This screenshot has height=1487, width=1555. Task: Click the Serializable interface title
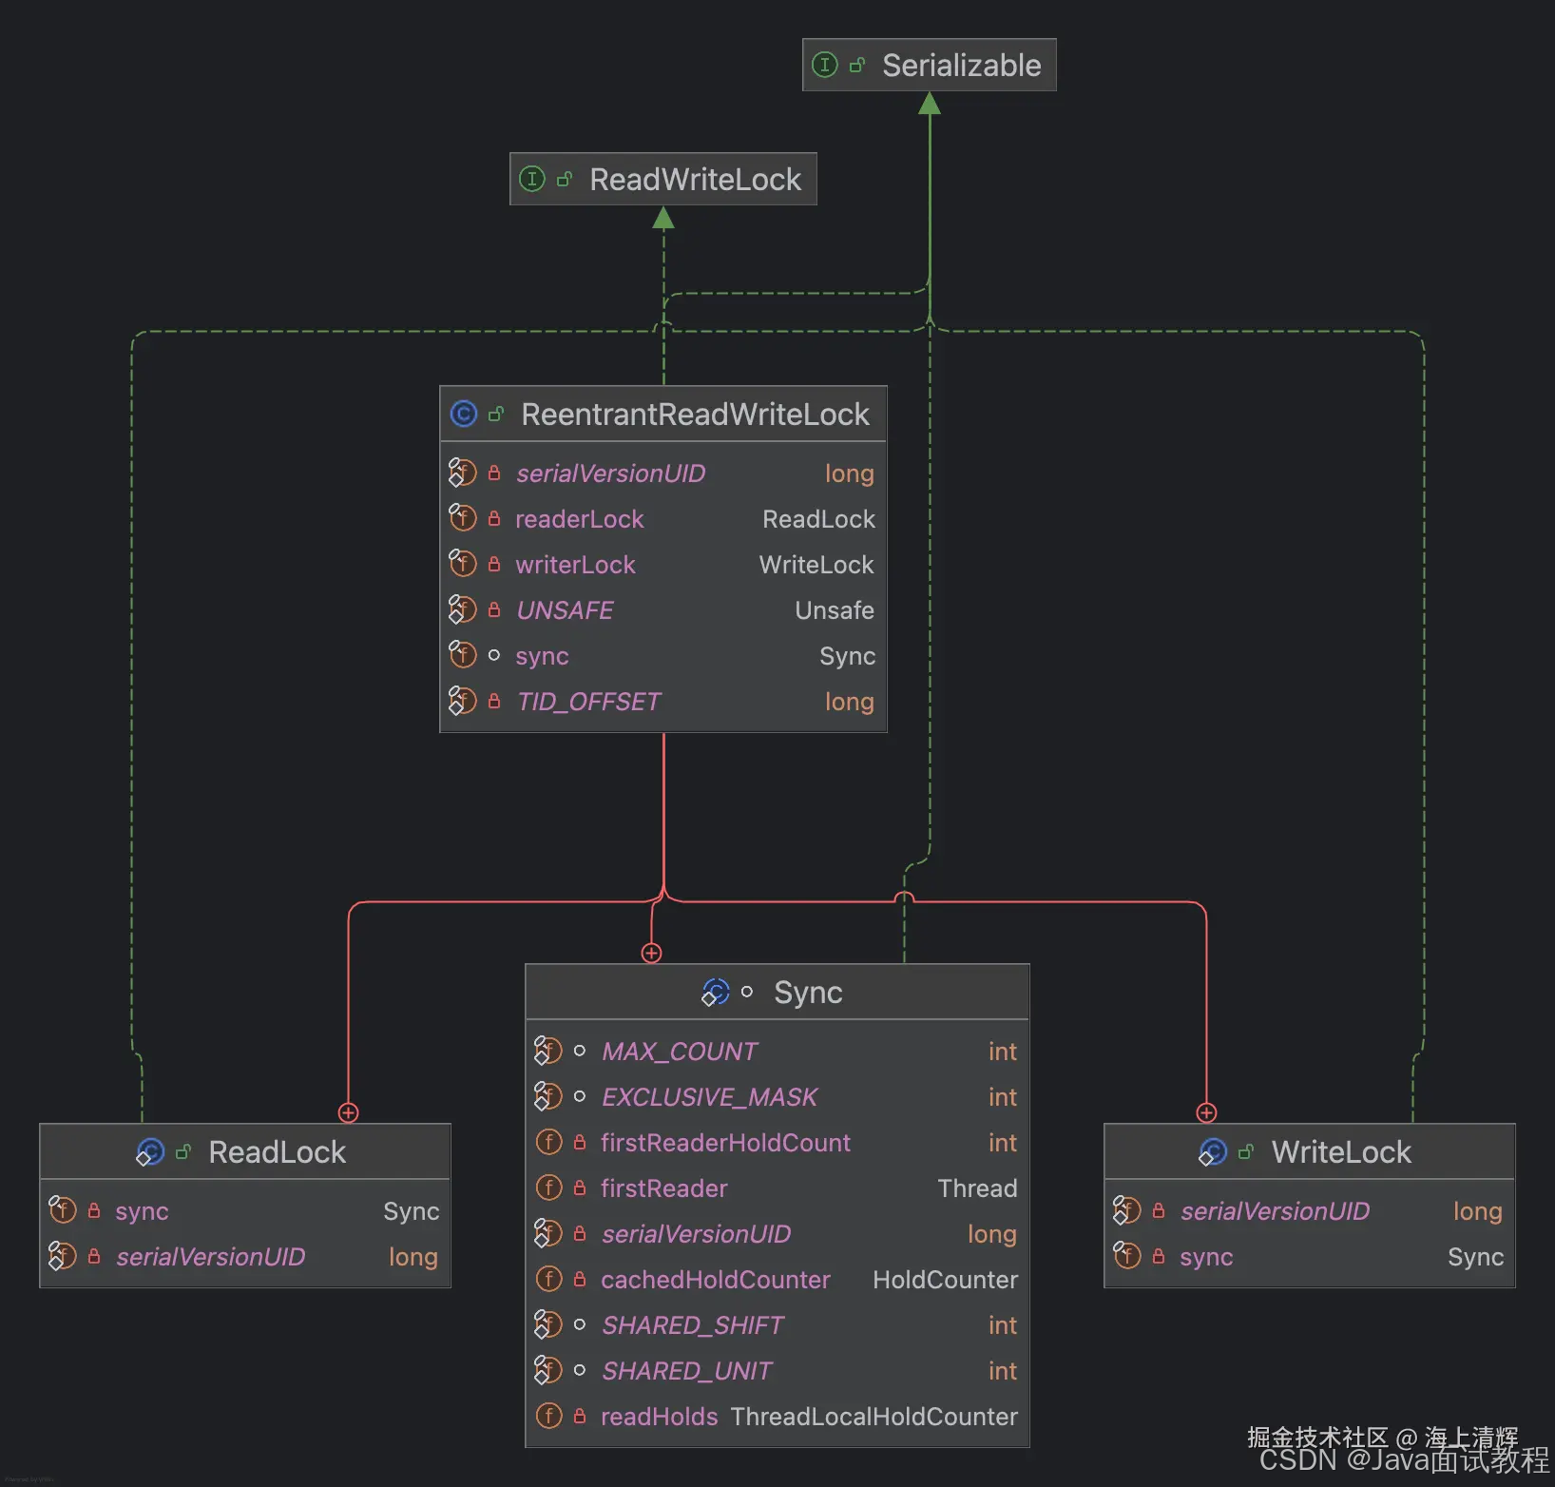[x=961, y=66]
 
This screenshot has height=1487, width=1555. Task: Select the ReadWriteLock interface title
[x=695, y=180]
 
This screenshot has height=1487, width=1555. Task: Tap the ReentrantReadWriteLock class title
[x=695, y=415]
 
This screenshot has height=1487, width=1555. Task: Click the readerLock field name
[x=579, y=519]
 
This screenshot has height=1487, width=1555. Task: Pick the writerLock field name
[x=575, y=565]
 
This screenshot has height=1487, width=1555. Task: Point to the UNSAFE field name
[x=565, y=610]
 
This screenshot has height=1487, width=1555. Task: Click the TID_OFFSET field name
[x=588, y=702]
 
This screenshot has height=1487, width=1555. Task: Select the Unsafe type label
[x=834, y=610]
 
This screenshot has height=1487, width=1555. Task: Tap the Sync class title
[x=807, y=993]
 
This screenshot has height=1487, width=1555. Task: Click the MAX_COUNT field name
[x=680, y=1052]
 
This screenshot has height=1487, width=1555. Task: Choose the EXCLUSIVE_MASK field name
[x=709, y=1097]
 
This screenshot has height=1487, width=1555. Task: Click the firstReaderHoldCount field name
[x=725, y=1143]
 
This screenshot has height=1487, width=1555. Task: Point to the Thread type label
[x=976, y=1188]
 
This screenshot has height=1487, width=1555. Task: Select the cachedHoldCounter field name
[x=715, y=1280]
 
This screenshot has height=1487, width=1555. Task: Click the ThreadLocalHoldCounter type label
[x=873, y=1417]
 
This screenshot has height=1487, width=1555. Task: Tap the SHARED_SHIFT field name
[x=693, y=1325]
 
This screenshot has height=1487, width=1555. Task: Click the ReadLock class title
[x=277, y=1152]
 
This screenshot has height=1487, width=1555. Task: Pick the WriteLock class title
[x=1340, y=1152]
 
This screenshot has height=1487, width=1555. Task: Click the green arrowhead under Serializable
[x=930, y=104]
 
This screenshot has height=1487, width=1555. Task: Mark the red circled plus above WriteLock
[x=1206, y=1112]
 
